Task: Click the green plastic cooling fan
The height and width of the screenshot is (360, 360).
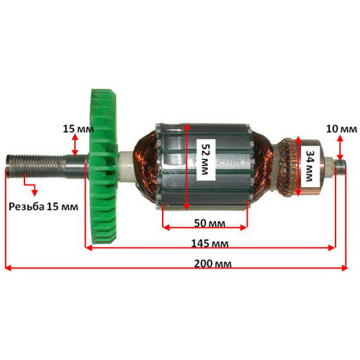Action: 103,167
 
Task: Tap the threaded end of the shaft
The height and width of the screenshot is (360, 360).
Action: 34,165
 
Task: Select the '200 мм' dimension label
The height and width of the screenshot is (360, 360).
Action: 213,264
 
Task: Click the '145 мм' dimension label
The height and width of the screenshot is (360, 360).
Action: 210,243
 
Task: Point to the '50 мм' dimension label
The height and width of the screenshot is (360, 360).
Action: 210,223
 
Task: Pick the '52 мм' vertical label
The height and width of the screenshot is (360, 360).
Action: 204,159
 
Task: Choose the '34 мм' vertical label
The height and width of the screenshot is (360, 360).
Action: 310,166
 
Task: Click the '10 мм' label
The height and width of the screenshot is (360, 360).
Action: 341,129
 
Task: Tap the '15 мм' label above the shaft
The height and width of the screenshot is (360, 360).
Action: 78,129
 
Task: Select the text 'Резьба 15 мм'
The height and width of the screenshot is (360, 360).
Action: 43,207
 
